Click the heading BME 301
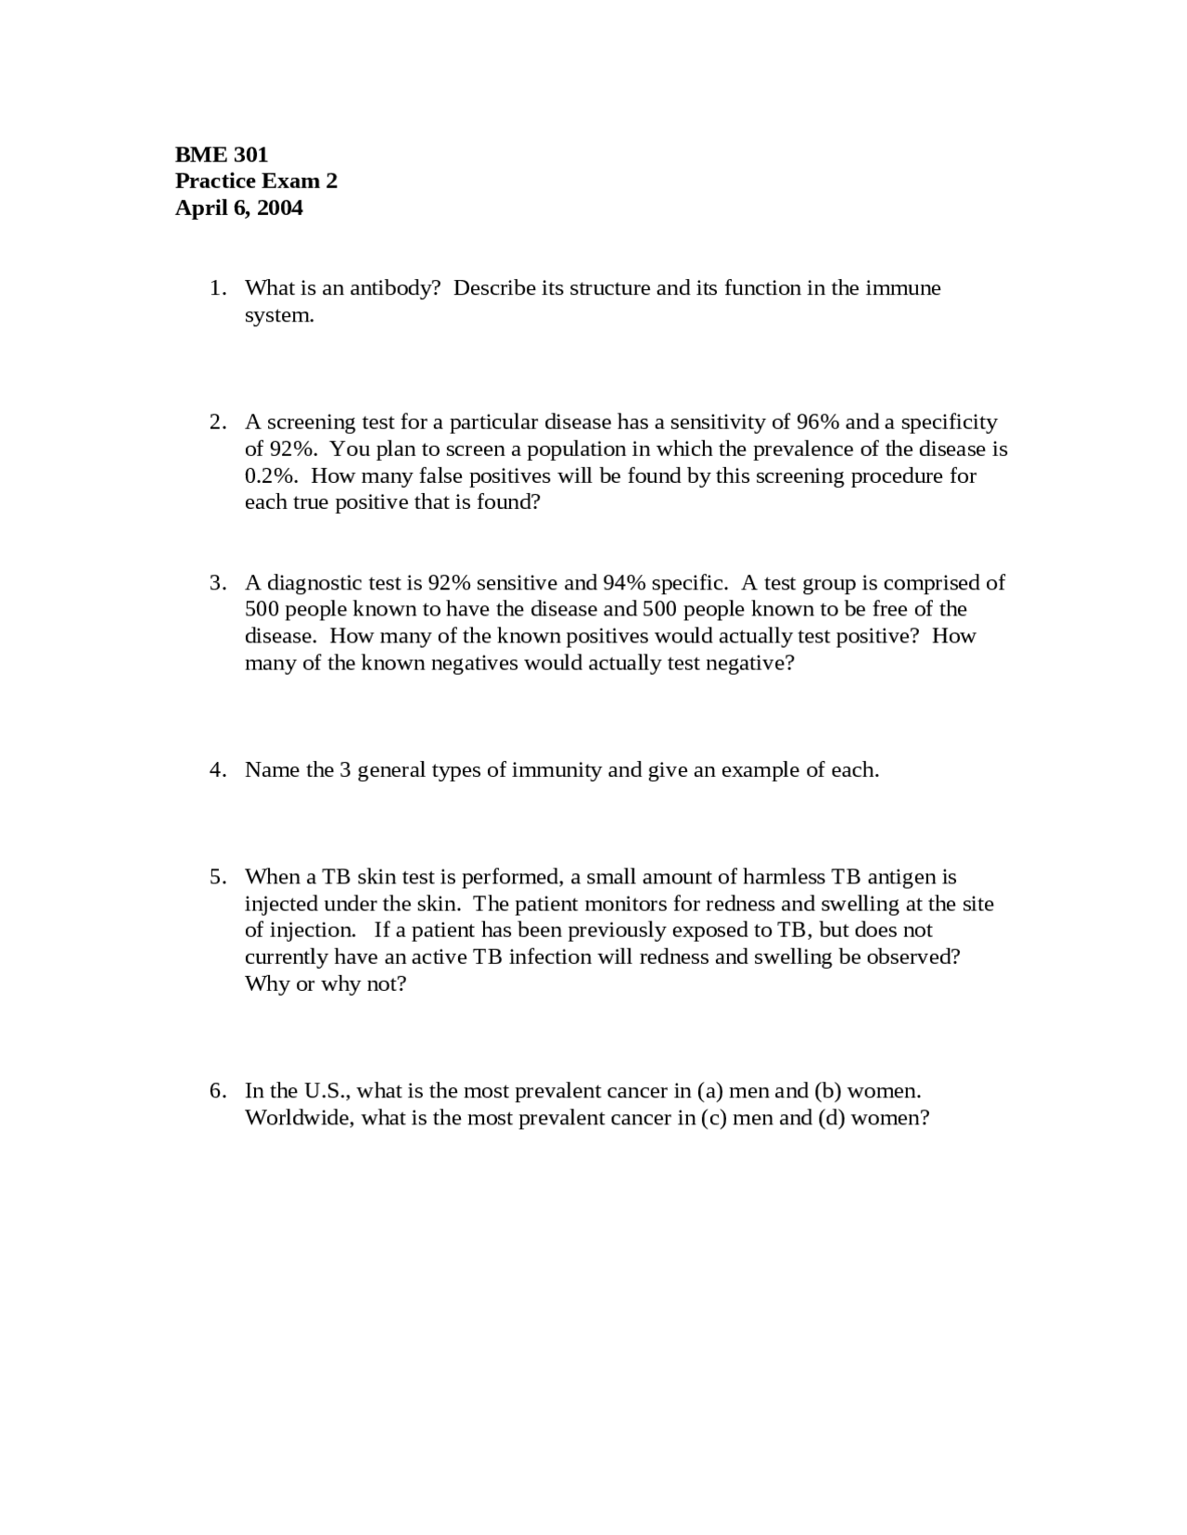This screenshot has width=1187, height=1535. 222,154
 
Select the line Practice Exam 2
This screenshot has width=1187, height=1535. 256,181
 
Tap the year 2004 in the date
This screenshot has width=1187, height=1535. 280,208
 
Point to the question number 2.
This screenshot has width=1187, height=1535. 217,423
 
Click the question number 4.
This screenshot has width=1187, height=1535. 217,770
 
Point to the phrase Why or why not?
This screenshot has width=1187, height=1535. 325,984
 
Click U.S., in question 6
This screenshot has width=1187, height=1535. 326,1091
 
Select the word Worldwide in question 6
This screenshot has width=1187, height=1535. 299,1118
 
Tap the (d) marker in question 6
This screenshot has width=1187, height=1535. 831,1118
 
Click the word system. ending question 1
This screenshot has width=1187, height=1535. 279,315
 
